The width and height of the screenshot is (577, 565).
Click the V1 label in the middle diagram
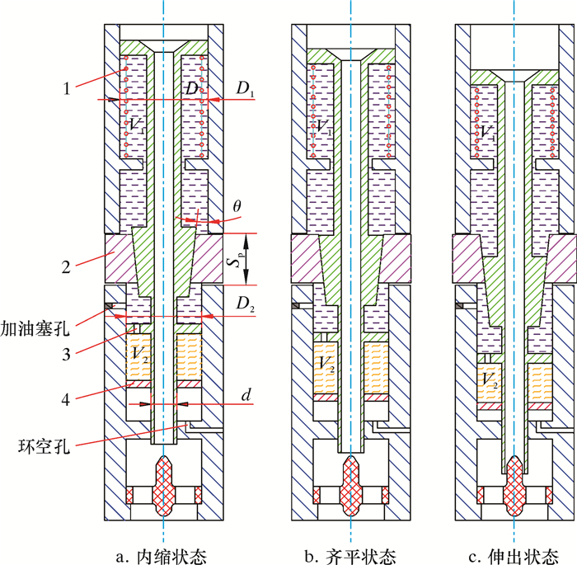[322, 126]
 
